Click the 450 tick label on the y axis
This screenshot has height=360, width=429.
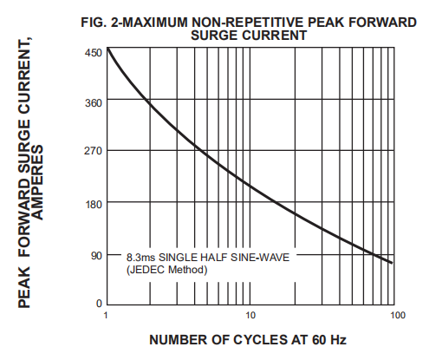tap(94, 53)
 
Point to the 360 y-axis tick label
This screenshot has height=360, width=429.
tap(94, 103)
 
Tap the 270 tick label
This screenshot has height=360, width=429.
tap(94, 151)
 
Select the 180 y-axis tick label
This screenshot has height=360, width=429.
tap(94, 205)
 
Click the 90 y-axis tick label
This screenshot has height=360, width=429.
tap(97, 256)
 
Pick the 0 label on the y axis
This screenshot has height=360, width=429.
tap(99, 304)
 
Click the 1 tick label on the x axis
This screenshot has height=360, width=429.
tap(106, 315)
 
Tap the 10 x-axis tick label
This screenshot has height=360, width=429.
tap(250, 315)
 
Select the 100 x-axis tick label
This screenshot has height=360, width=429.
tap(398, 315)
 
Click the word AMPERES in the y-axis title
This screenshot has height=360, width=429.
tap(38, 182)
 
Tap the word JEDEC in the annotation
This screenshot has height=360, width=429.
tap(147, 270)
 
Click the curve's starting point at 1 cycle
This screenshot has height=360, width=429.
tap(107, 48)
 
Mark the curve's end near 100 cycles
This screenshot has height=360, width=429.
tap(392, 263)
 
